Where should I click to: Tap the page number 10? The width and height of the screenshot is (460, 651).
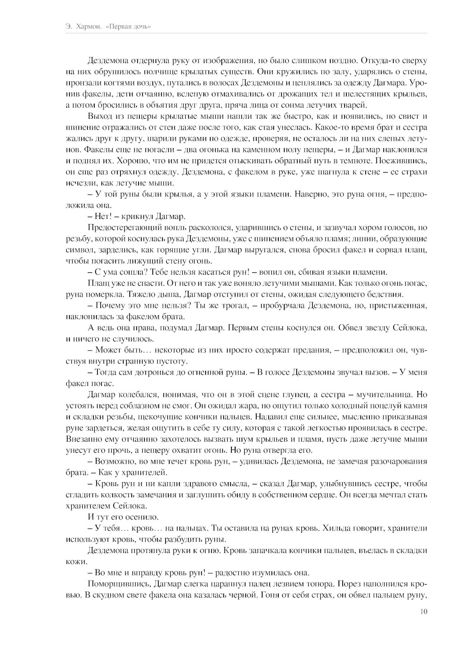click(x=424, y=611)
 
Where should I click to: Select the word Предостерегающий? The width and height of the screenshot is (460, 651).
click(x=122, y=227)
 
